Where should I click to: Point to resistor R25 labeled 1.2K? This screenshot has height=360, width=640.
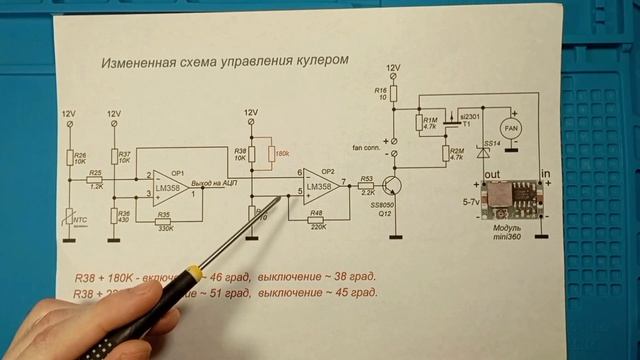pos(96,181)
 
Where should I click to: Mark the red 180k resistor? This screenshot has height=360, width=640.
pos(271,153)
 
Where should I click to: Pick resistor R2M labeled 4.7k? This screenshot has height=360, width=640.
pos(446,154)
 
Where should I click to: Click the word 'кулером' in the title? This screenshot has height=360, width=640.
pos(321,60)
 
